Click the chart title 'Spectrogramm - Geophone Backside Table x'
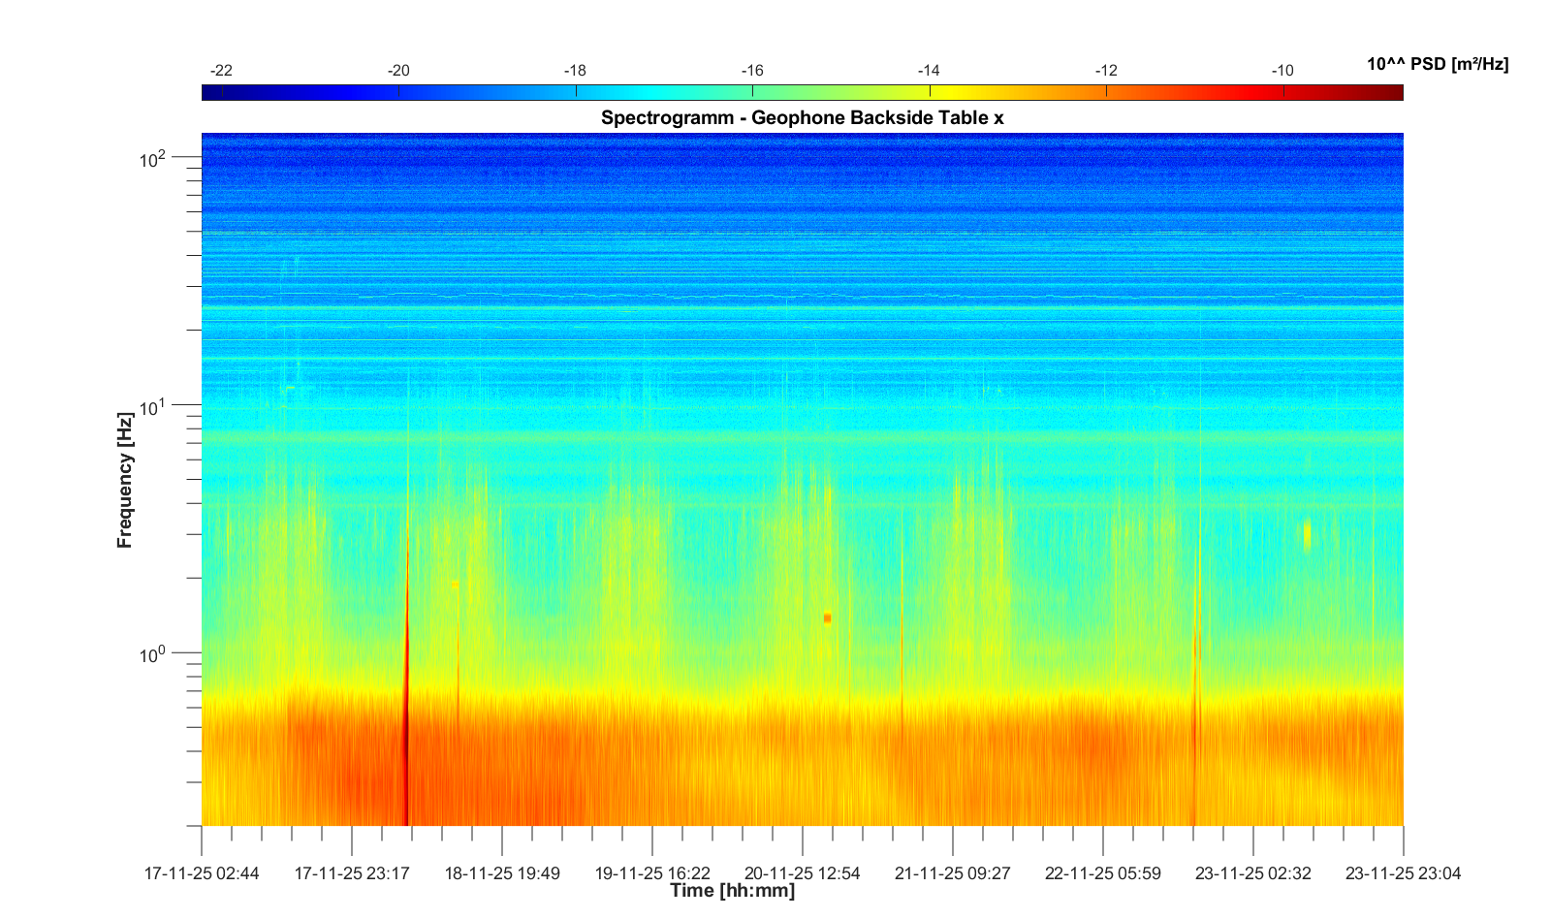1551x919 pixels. tap(802, 118)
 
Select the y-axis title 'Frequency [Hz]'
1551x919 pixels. tap(124, 480)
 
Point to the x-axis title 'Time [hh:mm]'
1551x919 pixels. tap(732, 890)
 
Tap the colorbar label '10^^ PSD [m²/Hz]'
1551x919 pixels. tap(1437, 64)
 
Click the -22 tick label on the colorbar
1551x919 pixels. tap(221, 71)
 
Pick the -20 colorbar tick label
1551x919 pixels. tap(398, 71)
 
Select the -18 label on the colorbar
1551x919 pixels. tap(575, 71)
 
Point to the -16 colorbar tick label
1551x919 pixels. tap(752, 71)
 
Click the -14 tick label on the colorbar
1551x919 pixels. tap(929, 71)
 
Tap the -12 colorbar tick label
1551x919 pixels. tap(1106, 71)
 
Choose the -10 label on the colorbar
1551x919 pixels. tap(1282, 71)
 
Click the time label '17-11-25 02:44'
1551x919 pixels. tap(202, 873)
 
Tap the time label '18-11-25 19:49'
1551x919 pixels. tap(502, 873)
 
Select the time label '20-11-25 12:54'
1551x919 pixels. tap(802, 873)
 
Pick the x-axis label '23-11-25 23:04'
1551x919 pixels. tap(1403, 873)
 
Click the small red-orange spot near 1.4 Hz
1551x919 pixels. tap(827, 618)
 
